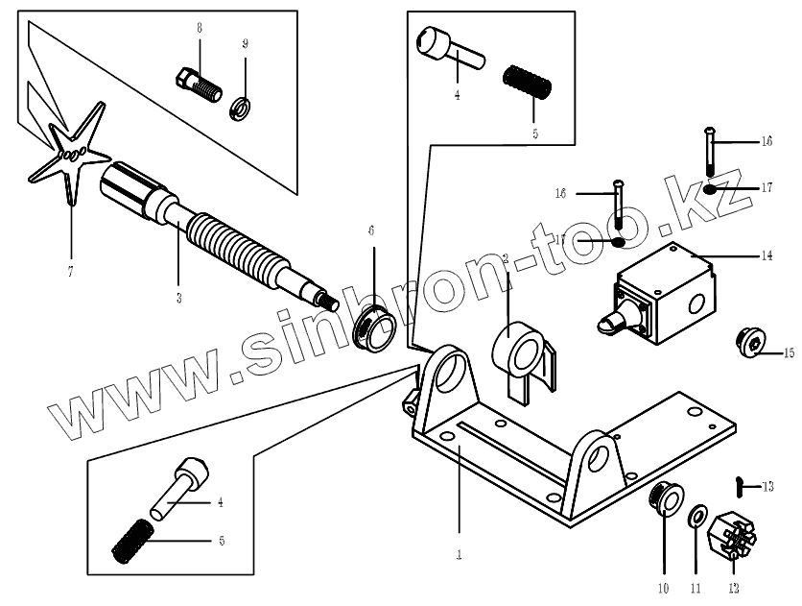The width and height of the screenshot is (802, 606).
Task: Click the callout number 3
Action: pos(178,299)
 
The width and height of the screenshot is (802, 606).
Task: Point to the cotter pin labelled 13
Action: pos(742,487)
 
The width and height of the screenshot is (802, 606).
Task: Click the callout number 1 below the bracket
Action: pos(460,554)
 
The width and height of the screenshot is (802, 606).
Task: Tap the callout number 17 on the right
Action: pos(767,188)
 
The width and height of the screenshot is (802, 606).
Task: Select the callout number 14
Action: pos(767,256)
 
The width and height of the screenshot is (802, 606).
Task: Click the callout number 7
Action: pos(70,272)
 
